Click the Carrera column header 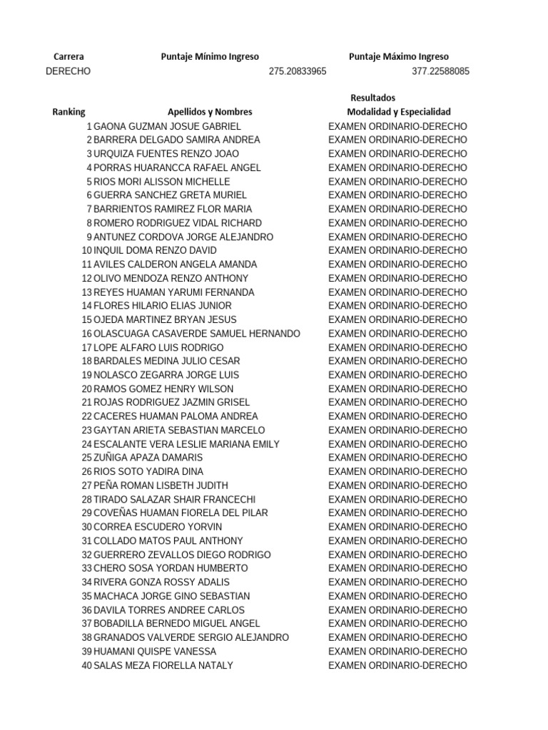[x=68, y=57]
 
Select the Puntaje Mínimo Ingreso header [x=210, y=57]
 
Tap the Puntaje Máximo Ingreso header [x=399, y=57]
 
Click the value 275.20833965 [x=298, y=71]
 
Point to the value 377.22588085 [x=440, y=71]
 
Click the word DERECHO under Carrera [x=68, y=71]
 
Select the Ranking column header [x=68, y=112]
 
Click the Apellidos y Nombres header [x=210, y=112]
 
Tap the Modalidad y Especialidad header [x=398, y=112]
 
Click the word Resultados [x=372, y=98]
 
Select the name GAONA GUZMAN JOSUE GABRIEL [x=168, y=126]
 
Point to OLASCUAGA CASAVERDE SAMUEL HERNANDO [x=197, y=334]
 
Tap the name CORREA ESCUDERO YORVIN [x=158, y=527]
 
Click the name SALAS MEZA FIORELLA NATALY [x=163, y=665]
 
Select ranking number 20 [x=87, y=389]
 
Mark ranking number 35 [x=87, y=596]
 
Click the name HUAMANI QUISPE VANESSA [x=155, y=652]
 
